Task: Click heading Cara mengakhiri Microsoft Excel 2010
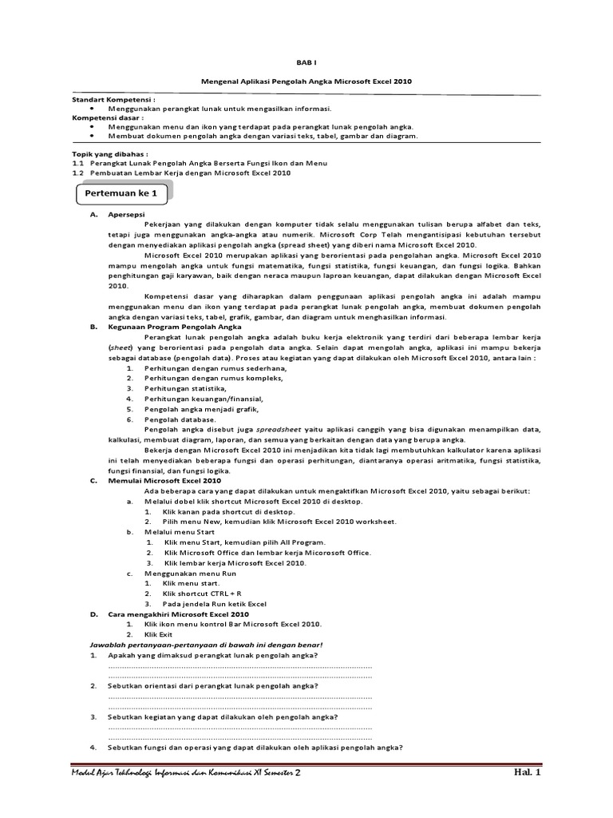pyautogui.click(x=178, y=614)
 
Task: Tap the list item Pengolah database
pyautogui.click(x=180, y=419)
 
